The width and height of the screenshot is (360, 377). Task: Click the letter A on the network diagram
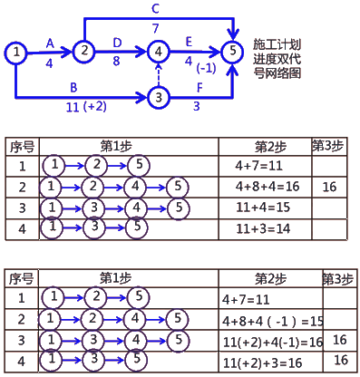coord(50,43)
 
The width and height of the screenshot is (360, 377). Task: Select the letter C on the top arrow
coord(156,8)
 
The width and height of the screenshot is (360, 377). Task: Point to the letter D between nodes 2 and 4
coord(117,43)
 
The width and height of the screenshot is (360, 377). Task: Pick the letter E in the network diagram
coord(188,42)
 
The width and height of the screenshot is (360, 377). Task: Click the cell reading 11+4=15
coord(262,206)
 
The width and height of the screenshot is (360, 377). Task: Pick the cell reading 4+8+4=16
coord(268,186)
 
